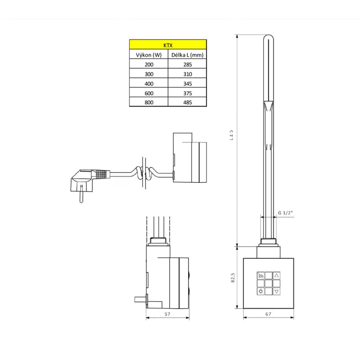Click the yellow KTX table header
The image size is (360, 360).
point(168,44)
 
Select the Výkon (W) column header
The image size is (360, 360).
point(149,55)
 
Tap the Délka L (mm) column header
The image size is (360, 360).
point(187,55)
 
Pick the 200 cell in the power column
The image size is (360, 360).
point(149,64)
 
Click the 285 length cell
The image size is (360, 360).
point(187,64)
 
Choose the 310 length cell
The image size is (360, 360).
point(187,74)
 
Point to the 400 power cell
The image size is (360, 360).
point(149,84)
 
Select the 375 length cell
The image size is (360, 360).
point(187,93)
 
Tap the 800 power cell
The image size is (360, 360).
point(149,103)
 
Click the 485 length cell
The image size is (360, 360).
point(187,103)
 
